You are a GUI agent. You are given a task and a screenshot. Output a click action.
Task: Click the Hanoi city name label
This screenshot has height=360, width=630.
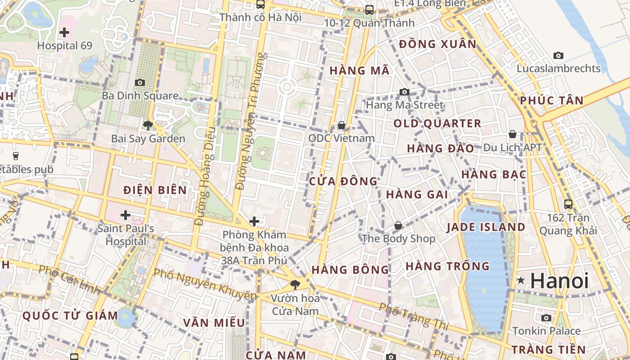[559, 281]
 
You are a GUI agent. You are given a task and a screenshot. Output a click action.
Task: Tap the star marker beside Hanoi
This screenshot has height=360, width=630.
[521, 281]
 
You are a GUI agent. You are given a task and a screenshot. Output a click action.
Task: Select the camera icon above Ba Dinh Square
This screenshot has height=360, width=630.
[140, 82]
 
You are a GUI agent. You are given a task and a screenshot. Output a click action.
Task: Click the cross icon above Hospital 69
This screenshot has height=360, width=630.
[64, 32]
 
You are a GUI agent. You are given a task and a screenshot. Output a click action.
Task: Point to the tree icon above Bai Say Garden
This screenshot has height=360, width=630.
[148, 125]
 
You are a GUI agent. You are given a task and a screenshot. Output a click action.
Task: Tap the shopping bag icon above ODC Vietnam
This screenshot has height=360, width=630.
[342, 125]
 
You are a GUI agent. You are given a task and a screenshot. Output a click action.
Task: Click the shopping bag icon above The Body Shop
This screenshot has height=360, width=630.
[398, 225]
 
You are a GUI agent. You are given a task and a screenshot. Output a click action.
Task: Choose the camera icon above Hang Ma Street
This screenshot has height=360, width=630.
[405, 92]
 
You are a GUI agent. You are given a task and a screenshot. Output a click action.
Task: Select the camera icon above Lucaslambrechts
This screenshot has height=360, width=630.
[558, 56]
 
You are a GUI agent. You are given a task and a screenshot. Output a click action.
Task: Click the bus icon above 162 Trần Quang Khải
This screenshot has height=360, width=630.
[568, 204]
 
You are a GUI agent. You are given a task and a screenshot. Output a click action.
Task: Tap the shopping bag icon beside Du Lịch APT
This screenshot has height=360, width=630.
[513, 134]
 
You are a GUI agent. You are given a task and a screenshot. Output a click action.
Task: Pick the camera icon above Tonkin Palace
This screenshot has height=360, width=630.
[546, 318]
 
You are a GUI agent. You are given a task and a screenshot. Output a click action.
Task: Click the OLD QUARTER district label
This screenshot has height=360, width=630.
[437, 123]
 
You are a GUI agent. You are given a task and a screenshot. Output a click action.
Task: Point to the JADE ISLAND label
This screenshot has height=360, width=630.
[486, 227]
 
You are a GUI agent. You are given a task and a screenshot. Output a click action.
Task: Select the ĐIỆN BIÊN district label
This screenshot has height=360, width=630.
[155, 190]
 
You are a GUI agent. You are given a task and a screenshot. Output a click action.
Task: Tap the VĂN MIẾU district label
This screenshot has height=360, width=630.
[214, 323]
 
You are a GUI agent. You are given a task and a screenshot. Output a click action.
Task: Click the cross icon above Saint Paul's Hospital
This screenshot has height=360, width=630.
[126, 215]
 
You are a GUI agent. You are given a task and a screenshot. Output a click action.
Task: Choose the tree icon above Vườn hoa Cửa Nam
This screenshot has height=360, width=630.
[295, 284]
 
